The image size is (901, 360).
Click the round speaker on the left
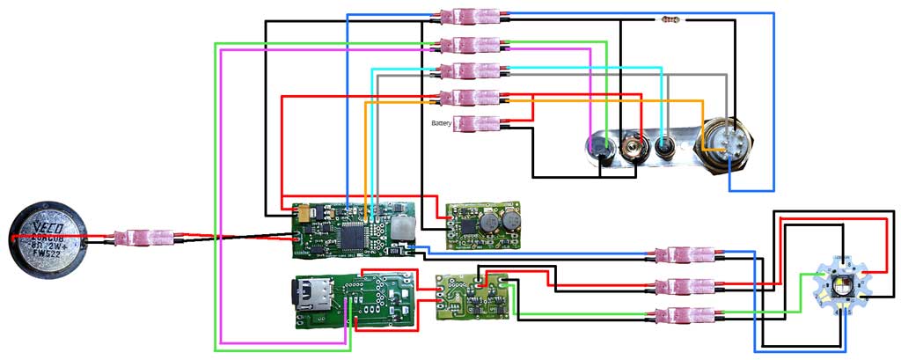[48, 238]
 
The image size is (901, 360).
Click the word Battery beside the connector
[442, 124]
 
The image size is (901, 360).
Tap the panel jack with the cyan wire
[666, 146]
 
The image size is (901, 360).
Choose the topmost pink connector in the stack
[474, 17]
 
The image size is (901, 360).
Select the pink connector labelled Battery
[474, 124]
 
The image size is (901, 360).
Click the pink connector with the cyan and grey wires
[474, 70]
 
